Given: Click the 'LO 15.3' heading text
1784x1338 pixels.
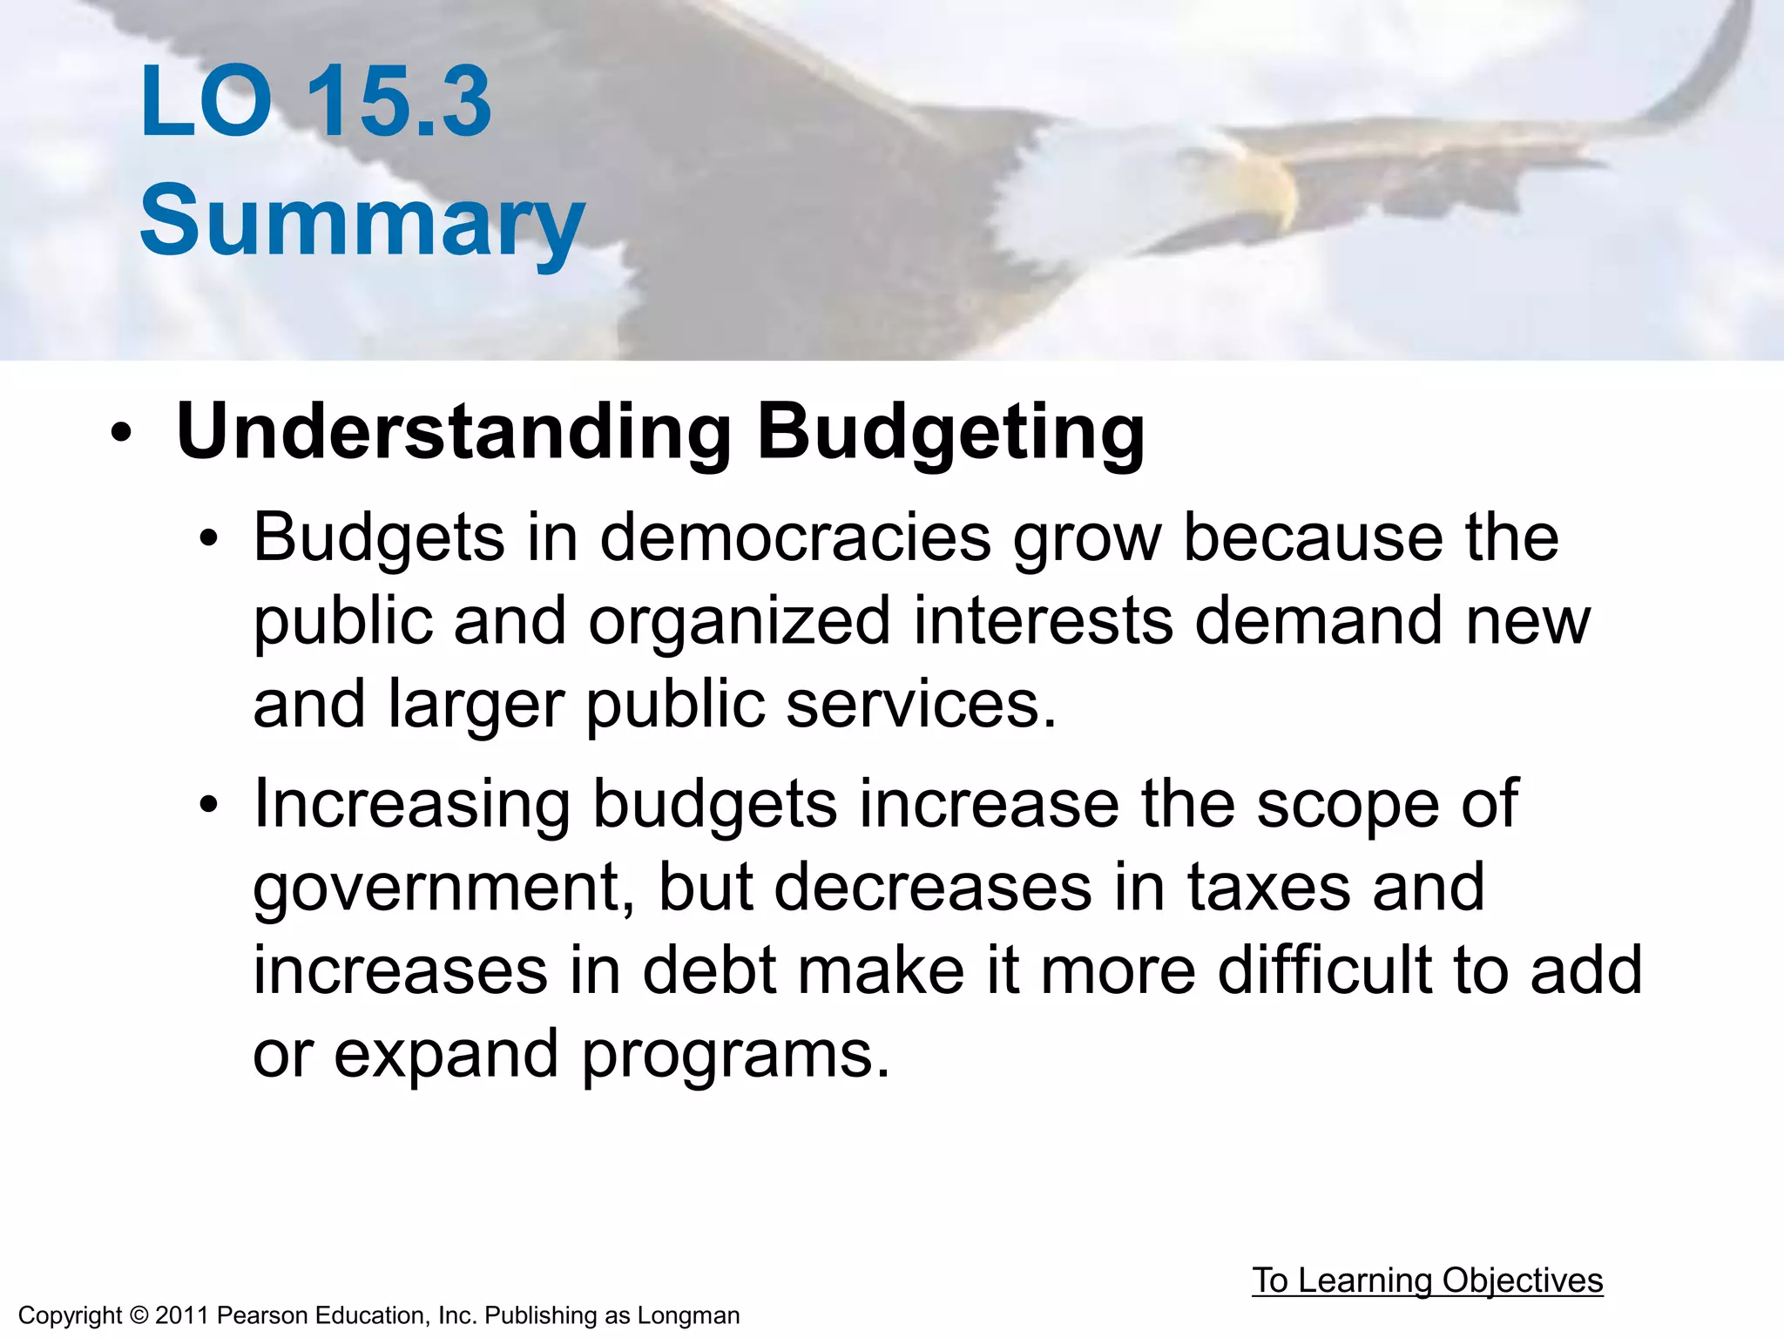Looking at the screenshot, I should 315,102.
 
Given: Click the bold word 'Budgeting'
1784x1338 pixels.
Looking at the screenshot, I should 950,433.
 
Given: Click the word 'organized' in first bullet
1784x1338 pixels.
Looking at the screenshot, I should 739,621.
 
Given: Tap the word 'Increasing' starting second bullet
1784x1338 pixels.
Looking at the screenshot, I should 411,804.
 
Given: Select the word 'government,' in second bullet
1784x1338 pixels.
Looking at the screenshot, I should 444,889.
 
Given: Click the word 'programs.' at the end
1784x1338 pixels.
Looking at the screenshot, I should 736,1054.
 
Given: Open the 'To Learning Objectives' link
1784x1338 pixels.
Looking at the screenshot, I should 1427,1281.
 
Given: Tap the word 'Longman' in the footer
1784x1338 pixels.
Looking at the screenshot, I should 688,1315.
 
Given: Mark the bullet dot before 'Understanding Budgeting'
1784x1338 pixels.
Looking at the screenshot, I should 121,433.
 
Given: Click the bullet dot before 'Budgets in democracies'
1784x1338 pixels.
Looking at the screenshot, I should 207,539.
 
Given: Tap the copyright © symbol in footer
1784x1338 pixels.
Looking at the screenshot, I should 139,1315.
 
